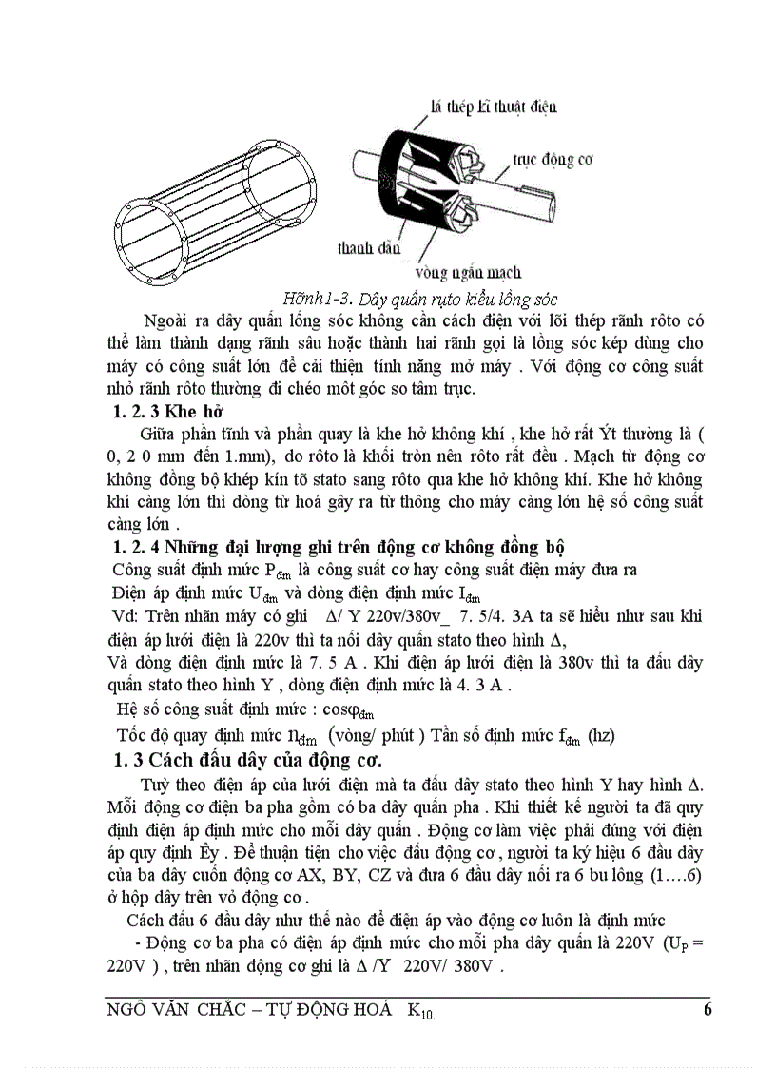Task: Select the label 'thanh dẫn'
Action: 362,248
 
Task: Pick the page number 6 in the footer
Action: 707,1009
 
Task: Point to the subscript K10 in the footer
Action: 423,1011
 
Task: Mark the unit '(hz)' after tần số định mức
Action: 601,734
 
